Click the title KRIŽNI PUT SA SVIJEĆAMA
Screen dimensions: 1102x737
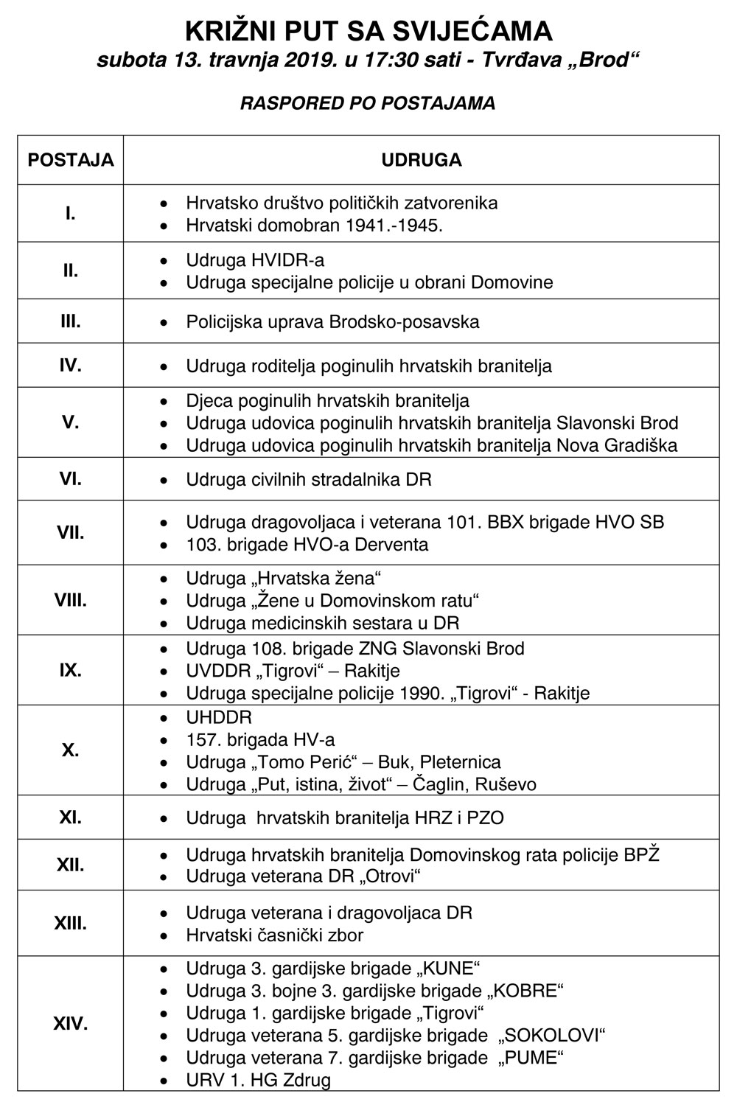pyautogui.click(x=368, y=31)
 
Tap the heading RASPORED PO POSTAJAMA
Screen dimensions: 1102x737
pyautogui.click(x=368, y=103)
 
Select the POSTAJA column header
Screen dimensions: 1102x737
pyautogui.click(x=71, y=160)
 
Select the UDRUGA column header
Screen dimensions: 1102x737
pyautogui.click(x=421, y=160)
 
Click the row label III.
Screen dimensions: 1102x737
pyautogui.click(x=71, y=321)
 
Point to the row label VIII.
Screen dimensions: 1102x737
pyautogui.click(x=71, y=600)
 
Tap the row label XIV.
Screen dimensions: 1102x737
pyautogui.click(x=71, y=1023)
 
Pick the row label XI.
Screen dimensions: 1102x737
pyautogui.click(x=71, y=817)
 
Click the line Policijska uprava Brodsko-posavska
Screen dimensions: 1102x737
pyautogui.click(x=332, y=322)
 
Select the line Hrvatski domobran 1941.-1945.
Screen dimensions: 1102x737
pyautogui.click(x=314, y=226)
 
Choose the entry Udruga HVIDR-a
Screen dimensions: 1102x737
pyautogui.click(x=255, y=260)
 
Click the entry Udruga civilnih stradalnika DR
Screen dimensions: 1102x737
pyautogui.click(x=309, y=480)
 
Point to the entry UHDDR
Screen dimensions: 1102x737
pyautogui.click(x=219, y=717)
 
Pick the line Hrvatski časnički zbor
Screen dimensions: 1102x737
pyautogui.click(x=274, y=935)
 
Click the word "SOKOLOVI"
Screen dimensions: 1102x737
pyautogui.click(x=551, y=1036)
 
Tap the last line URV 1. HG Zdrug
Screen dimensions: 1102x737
pyautogui.click(x=258, y=1081)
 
